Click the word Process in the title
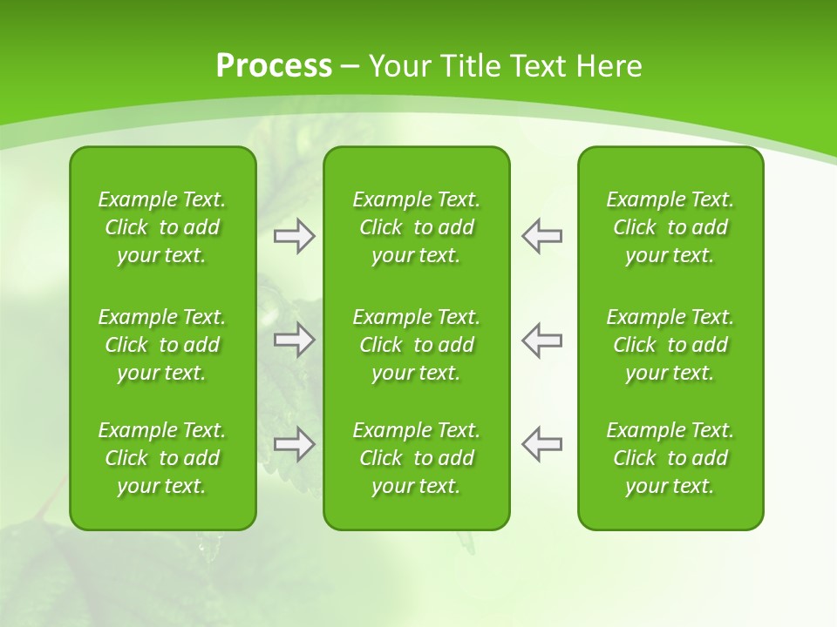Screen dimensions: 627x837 [x=274, y=66]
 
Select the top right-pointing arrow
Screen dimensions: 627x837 [x=295, y=236]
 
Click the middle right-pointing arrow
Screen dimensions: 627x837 [x=295, y=340]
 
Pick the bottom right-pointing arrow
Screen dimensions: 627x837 [x=295, y=444]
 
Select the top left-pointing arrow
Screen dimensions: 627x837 [x=541, y=236]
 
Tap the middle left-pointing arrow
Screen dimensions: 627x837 [x=541, y=340]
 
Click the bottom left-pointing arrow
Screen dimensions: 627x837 [x=541, y=444]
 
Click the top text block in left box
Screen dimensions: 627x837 [x=162, y=227]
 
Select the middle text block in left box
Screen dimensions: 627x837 [x=162, y=345]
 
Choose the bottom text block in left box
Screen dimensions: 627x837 [x=162, y=458]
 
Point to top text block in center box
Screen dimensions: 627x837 [x=417, y=227]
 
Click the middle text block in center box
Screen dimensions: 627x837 [x=417, y=345]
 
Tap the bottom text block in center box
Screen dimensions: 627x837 [x=417, y=458]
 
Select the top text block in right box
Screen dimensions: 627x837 [x=670, y=227]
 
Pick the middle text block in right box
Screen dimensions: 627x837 [x=670, y=345]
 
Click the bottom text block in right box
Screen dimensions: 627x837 [x=670, y=458]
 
